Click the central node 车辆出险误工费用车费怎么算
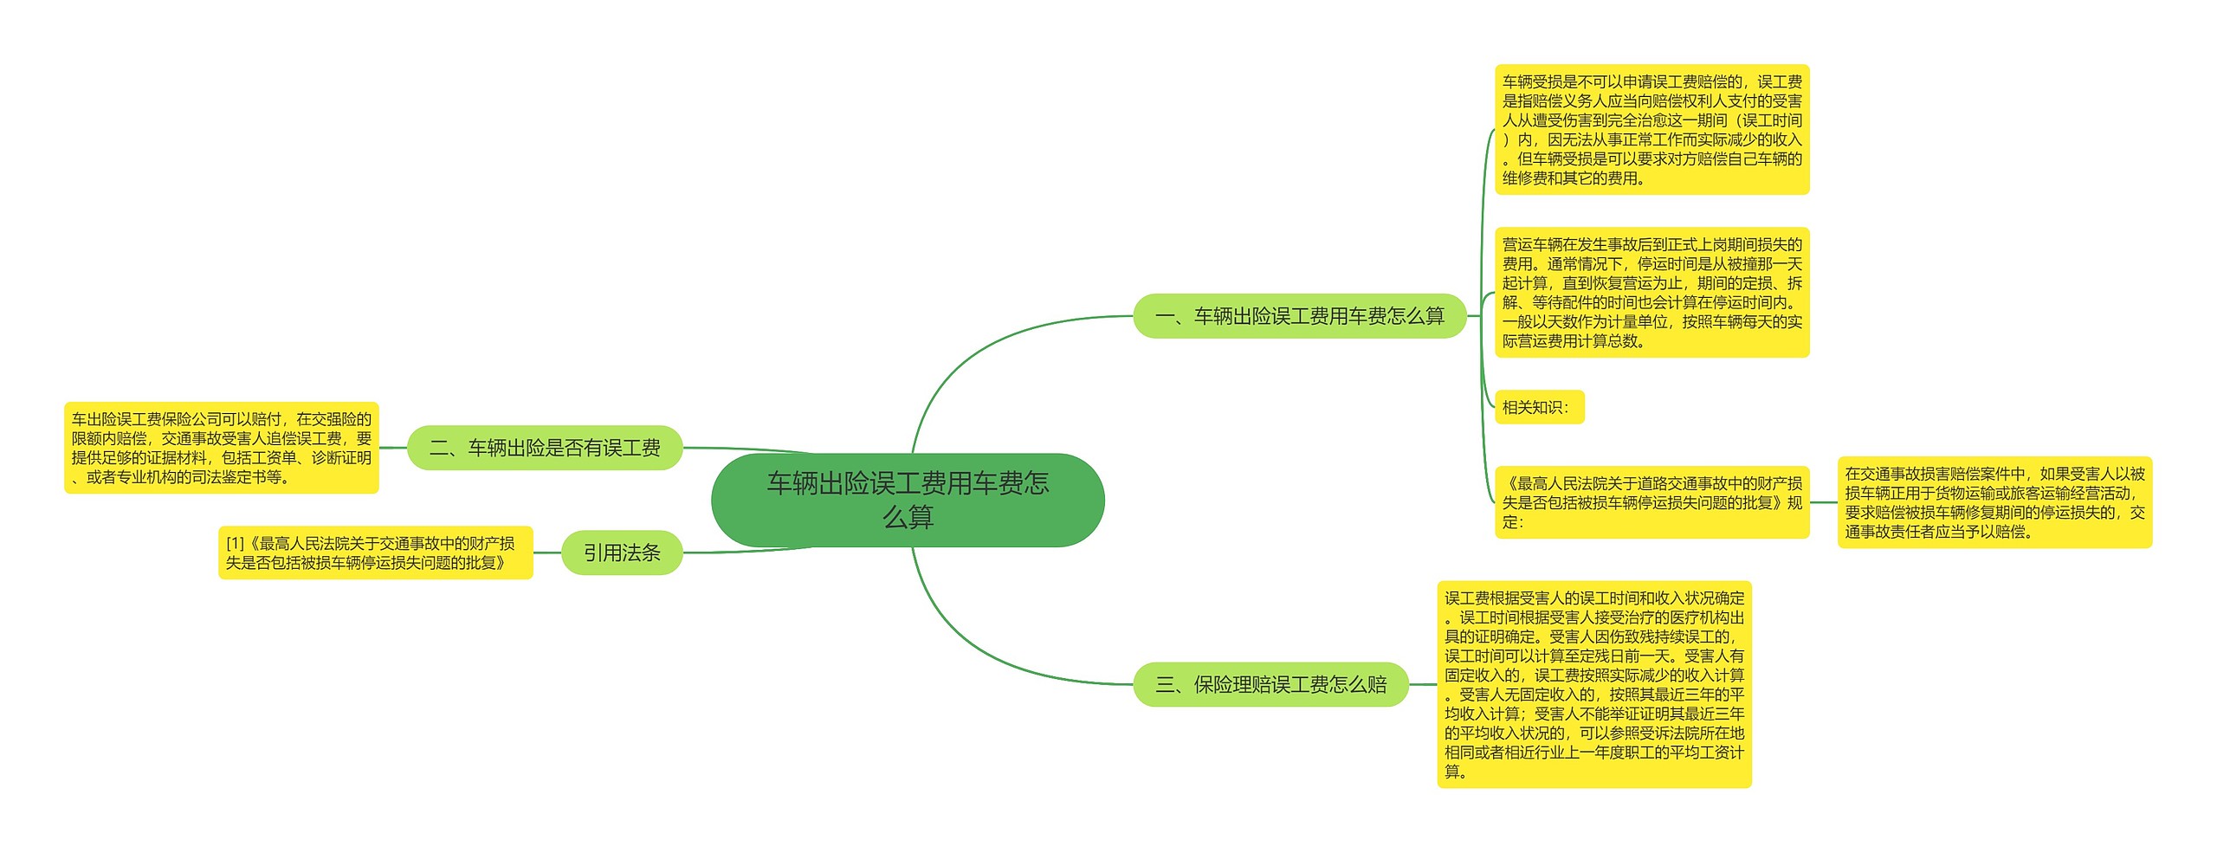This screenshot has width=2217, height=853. pyautogui.click(x=908, y=500)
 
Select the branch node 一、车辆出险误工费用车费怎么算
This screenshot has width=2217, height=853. pyautogui.click(x=1299, y=316)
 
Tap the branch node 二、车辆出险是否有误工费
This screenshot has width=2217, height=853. pyautogui.click(x=545, y=448)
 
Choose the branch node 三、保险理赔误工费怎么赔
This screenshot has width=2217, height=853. pyautogui.click(x=1270, y=684)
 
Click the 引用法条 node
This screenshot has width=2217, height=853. pyautogui.click(x=622, y=553)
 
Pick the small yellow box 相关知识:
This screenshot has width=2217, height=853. pyautogui.click(x=1539, y=407)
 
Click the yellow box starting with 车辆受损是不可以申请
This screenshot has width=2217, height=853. pyautogui.click(x=1651, y=129)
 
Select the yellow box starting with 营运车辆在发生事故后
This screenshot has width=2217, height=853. pyautogui.click(x=1651, y=293)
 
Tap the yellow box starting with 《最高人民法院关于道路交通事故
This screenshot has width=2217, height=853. pyautogui.click(x=1651, y=502)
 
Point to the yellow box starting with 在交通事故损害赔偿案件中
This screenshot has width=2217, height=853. pyautogui.click(x=1994, y=502)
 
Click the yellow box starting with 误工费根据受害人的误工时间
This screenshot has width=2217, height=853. pyautogui.click(x=1593, y=684)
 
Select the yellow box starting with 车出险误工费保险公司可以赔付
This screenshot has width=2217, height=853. pyautogui.click(x=222, y=448)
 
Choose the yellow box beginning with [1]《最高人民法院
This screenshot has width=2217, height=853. pyautogui.click(x=375, y=553)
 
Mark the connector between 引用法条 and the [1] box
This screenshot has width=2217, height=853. pyautogui.click(x=547, y=553)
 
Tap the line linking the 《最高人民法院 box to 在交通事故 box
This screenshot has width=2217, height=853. pyautogui.click(x=1824, y=502)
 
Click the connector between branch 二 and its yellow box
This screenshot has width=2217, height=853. pyautogui.click(x=393, y=448)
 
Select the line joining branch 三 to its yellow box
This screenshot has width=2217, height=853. pyautogui.click(x=1423, y=684)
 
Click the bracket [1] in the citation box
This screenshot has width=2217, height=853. pyautogui.click(x=236, y=543)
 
